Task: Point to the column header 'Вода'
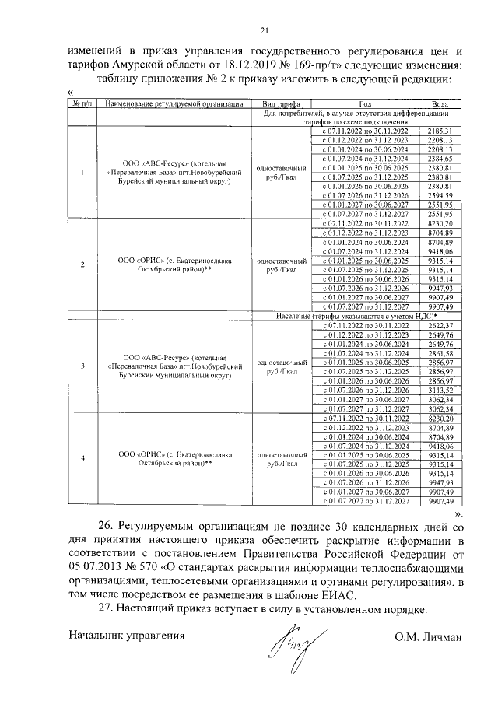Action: [x=440, y=103]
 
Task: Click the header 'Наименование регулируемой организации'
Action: [x=175, y=103]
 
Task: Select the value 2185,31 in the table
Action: [x=440, y=131]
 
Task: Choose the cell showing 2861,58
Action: [x=440, y=352]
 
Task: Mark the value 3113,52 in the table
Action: [x=440, y=390]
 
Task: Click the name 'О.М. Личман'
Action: [x=428, y=636]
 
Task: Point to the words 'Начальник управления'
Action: [x=126, y=636]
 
